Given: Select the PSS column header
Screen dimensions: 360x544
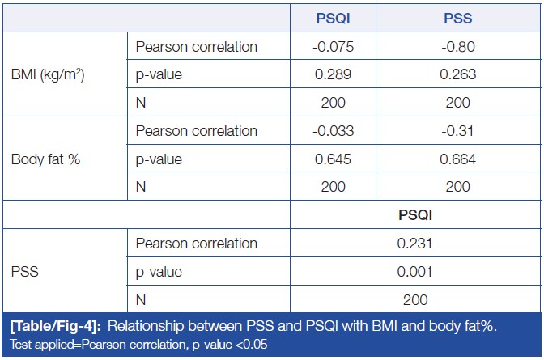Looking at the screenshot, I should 458,18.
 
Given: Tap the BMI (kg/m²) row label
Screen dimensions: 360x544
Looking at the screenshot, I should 49,75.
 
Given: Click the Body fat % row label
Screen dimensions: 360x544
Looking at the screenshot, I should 46,159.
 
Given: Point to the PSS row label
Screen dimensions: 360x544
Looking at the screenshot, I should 25,272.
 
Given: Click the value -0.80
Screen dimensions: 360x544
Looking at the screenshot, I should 458,46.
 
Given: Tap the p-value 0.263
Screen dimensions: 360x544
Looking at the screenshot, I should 458,74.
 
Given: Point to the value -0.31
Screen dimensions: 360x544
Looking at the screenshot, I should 458,131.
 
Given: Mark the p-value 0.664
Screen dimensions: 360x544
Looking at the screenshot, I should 458,159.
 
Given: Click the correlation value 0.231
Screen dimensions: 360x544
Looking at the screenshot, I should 415,244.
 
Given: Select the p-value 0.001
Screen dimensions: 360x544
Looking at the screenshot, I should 415,272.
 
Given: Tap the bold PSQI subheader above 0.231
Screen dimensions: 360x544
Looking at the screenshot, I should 415,215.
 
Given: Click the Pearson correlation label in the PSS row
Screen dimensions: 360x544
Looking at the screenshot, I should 197,244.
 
